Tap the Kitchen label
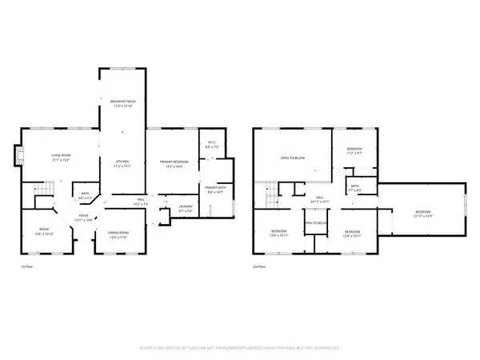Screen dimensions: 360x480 [122, 164]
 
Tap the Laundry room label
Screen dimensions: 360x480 [186, 209]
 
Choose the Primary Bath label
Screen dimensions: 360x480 [216, 190]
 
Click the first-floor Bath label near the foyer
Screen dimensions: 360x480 [86, 194]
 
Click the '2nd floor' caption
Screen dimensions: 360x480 [260, 266]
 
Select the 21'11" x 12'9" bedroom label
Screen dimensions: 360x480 [422, 215]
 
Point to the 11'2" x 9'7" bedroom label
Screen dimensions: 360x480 [354, 151]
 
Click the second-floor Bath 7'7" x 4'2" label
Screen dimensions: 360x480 [354, 190]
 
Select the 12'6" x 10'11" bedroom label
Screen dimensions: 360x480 [278, 234]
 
